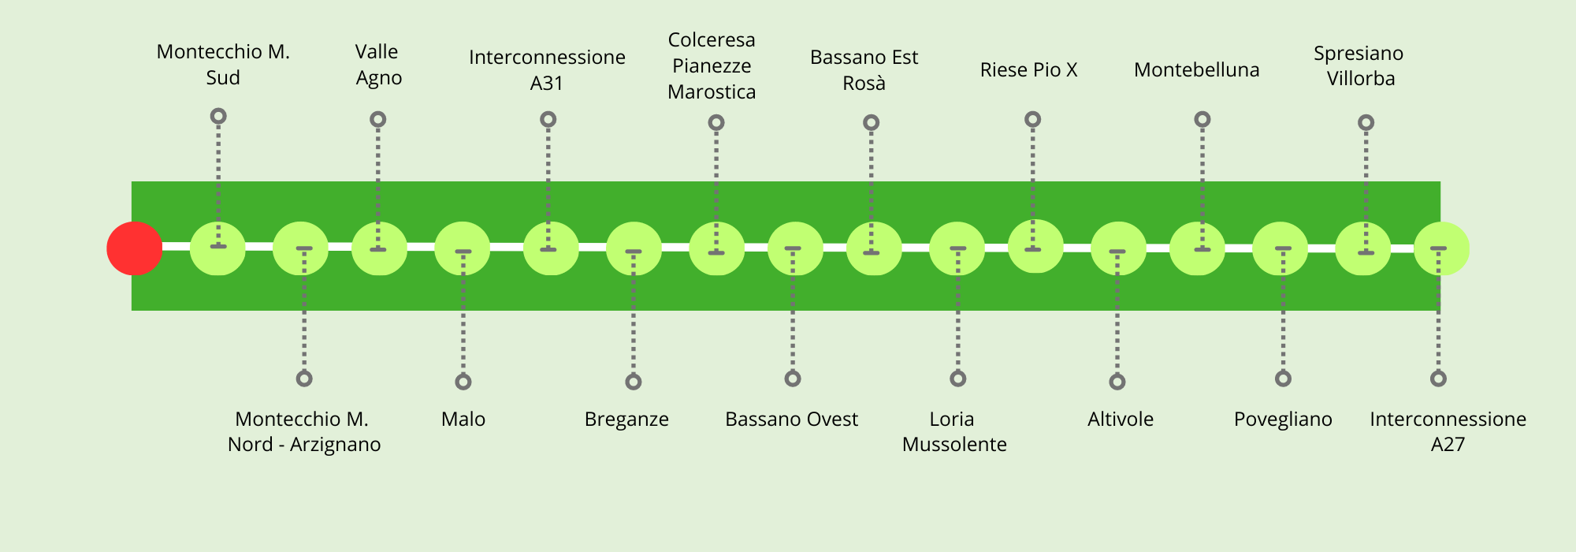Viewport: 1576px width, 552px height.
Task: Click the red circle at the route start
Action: click(135, 248)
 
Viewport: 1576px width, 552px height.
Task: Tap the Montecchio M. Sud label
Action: click(223, 65)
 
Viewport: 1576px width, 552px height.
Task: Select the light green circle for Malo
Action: click(463, 249)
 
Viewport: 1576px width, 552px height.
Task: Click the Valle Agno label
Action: click(378, 65)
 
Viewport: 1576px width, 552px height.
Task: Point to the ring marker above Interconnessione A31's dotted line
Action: click(548, 120)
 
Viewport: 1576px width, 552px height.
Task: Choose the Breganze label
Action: click(626, 419)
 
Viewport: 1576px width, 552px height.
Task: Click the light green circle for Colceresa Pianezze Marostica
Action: click(716, 249)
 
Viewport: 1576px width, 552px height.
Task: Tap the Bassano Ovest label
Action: click(791, 419)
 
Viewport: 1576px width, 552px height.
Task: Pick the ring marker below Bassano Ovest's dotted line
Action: click(793, 379)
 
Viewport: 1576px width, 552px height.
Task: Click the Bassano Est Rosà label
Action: click(864, 70)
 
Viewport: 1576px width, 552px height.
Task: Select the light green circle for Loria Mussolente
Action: click(957, 249)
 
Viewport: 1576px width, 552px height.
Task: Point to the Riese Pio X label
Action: click(1028, 70)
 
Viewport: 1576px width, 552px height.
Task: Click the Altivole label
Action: click(1120, 419)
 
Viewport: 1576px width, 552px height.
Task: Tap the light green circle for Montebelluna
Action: click(1197, 249)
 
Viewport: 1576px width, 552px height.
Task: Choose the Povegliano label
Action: click(1283, 419)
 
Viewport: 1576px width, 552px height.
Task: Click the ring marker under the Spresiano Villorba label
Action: click(1366, 123)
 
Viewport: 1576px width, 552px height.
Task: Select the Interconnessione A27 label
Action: click(1448, 431)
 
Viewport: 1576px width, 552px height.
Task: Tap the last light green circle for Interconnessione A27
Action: click(1441, 249)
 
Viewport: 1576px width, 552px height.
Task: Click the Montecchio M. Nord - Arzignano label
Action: click(304, 431)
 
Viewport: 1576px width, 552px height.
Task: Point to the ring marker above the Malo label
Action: click(463, 382)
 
